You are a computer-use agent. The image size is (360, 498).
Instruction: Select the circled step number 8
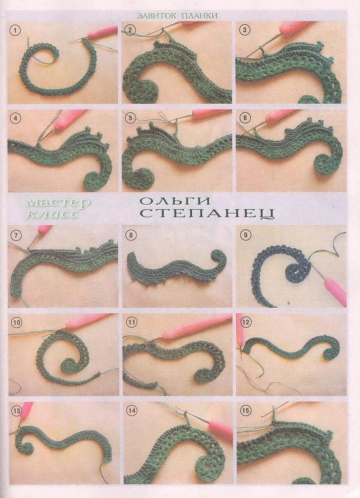[x=130, y=236]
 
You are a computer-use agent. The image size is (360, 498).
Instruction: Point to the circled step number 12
[x=246, y=323]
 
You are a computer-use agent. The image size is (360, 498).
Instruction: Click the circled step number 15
[x=246, y=411]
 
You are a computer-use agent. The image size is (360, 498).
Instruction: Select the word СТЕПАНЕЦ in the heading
[x=207, y=213]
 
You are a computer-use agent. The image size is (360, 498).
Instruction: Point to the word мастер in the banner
[x=58, y=203]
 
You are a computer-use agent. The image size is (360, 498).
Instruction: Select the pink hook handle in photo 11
[x=197, y=325]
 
